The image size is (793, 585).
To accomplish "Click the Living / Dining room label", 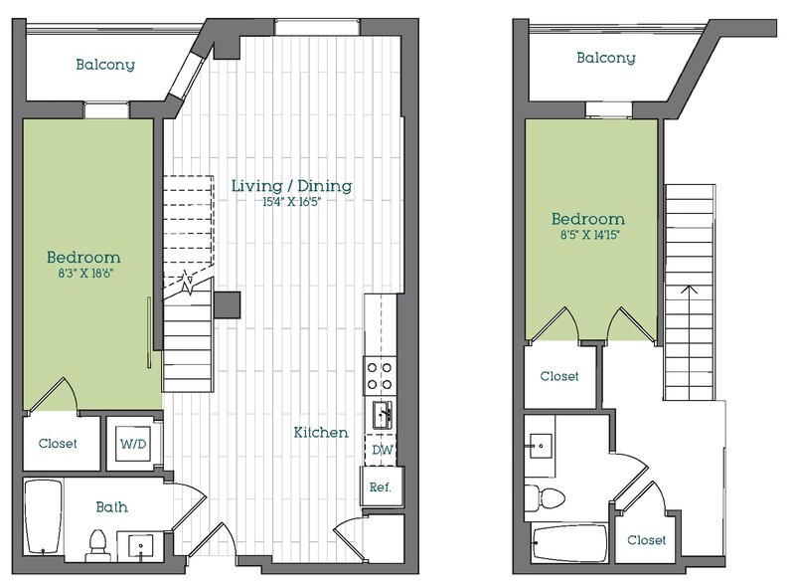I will (x=291, y=186).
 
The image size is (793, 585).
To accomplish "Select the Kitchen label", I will (x=321, y=433).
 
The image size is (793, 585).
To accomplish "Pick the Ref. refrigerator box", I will (x=381, y=487).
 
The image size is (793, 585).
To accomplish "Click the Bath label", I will (x=112, y=507).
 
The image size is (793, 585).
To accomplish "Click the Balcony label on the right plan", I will (x=606, y=59).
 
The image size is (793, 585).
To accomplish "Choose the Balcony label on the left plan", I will (x=105, y=66).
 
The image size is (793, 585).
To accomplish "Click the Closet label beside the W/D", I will (x=58, y=444).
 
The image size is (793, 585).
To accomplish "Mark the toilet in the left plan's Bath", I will (x=97, y=542).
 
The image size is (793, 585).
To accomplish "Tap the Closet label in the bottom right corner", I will (x=647, y=540).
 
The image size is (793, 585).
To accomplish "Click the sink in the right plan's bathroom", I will (x=544, y=444).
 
